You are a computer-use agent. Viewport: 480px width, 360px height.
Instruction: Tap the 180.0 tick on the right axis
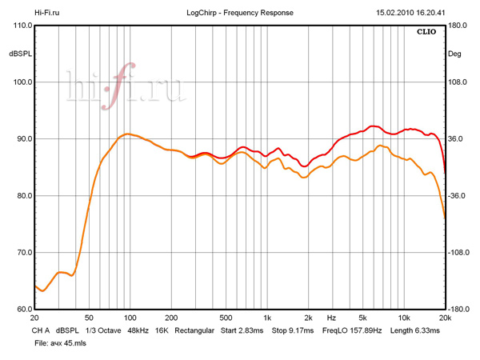click(458, 26)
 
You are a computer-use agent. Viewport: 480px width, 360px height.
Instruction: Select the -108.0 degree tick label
click(458, 253)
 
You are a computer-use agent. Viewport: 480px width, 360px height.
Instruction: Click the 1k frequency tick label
click(267, 318)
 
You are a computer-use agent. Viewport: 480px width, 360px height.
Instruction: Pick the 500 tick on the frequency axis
click(226, 318)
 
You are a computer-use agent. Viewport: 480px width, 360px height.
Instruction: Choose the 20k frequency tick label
click(445, 318)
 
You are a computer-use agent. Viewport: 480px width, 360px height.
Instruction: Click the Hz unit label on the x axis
click(331, 318)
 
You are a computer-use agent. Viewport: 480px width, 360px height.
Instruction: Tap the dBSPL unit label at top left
click(22, 54)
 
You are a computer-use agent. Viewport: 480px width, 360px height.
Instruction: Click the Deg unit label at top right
click(454, 54)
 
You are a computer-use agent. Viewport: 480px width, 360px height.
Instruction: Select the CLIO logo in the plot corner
click(426, 33)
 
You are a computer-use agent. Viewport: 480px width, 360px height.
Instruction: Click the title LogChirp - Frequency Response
click(238, 14)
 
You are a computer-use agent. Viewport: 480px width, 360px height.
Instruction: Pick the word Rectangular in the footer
click(189, 330)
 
